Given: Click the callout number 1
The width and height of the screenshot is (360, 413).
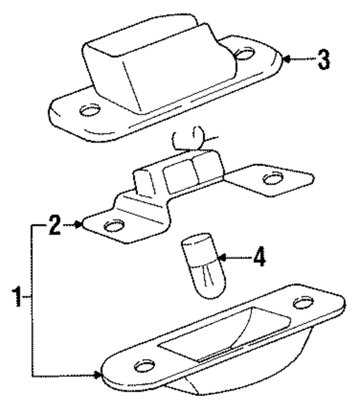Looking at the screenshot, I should pos(17,296).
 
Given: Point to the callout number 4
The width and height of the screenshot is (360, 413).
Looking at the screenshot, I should pos(259,258).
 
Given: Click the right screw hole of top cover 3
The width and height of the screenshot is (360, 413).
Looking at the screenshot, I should pos(244,53).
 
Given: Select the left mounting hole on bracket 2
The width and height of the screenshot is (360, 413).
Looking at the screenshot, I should pos(113,226).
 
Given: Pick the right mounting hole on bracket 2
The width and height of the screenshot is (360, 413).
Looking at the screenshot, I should pos(273,179).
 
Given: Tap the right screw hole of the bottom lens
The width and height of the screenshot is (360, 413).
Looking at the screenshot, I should pos(304,303).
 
